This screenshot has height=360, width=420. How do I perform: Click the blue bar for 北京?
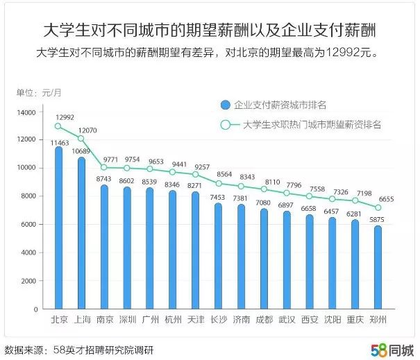click(59, 229)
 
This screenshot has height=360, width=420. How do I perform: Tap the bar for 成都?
click(263, 259)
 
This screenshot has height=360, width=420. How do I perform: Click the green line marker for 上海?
click(81, 138)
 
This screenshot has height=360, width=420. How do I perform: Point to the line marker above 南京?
click(104, 167)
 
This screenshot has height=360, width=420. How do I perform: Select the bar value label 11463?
click(59, 142)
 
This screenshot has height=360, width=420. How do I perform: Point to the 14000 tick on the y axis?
click(26, 112)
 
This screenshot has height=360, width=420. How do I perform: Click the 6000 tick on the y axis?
click(28, 224)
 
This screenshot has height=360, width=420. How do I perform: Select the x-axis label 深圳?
click(127, 319)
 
